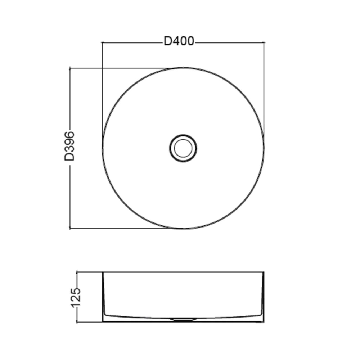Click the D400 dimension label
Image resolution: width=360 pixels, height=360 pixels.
[179, 41]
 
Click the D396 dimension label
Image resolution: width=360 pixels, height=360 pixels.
[69, 146]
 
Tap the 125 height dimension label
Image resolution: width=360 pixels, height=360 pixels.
[76, 298]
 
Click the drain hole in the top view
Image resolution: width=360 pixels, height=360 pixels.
[183, 148]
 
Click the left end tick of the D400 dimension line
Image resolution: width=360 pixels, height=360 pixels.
[102, 42]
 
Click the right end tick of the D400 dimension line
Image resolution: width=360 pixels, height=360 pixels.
[264, 42]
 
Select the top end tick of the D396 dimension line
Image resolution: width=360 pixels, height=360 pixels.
[70, 68]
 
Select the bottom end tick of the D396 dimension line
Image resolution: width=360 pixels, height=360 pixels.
[70, 228]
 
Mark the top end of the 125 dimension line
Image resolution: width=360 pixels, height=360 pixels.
[77, 272]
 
